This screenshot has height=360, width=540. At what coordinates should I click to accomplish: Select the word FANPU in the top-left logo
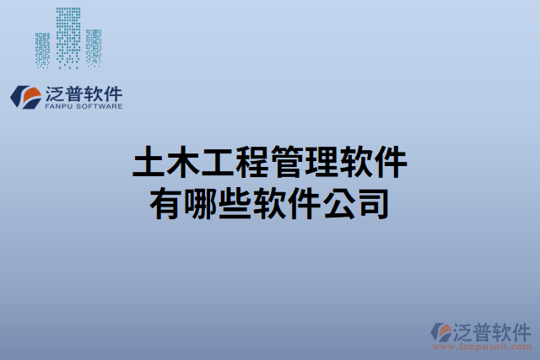pyautogui.click(x=56, y=107)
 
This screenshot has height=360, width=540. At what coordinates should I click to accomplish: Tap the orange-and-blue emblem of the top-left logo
pyautogui.click(x=24, y=96)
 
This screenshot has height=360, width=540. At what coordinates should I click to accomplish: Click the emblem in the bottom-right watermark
pyautogui.click(x=441, y=331)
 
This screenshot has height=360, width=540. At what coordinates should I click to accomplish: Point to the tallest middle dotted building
pyautogui.click(x=69, y=34)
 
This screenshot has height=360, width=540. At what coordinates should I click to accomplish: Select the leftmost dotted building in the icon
pyautogui.click(x=43, y=49)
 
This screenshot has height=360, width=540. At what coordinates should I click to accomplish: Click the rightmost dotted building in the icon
pyautogui.click(x=94, y=47)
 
